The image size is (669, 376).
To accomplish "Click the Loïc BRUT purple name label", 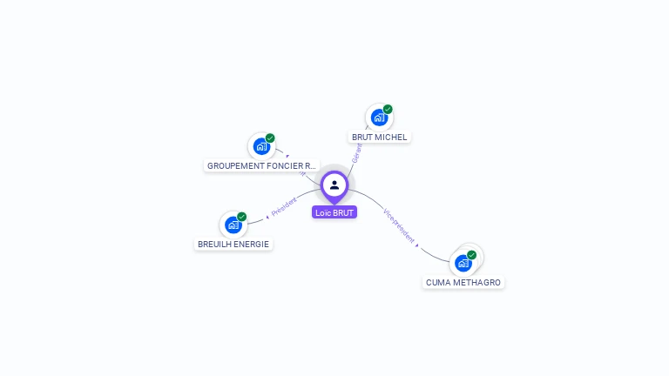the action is pos(334,212).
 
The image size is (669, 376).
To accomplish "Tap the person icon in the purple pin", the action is pos(334,185).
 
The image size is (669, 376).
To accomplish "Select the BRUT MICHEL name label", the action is pos(379,138).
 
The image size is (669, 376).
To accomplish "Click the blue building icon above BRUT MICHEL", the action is pos(379,117).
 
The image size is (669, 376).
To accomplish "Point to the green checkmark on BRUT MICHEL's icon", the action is pos(388,110).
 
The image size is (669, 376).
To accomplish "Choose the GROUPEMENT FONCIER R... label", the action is pos(261,165).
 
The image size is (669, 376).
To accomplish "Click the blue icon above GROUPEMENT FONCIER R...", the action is pos(261,145).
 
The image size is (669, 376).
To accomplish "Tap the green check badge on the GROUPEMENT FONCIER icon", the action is pos(270,138).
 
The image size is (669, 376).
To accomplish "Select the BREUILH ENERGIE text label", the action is pos(233,244).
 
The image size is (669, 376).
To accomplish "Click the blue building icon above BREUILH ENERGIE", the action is pos(233,224).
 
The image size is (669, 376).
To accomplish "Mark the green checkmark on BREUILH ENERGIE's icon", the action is pos(241,217).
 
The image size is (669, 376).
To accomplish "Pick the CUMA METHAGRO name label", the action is pos(463,282).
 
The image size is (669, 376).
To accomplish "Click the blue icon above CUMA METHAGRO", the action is pos(463,262).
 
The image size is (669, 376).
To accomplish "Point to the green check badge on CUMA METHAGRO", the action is pos(471,255).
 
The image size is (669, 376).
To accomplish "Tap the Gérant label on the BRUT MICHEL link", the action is pos(356,153).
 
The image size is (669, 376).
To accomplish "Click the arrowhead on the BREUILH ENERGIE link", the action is pos(267,216).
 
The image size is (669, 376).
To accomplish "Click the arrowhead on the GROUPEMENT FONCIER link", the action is pos(287,157).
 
